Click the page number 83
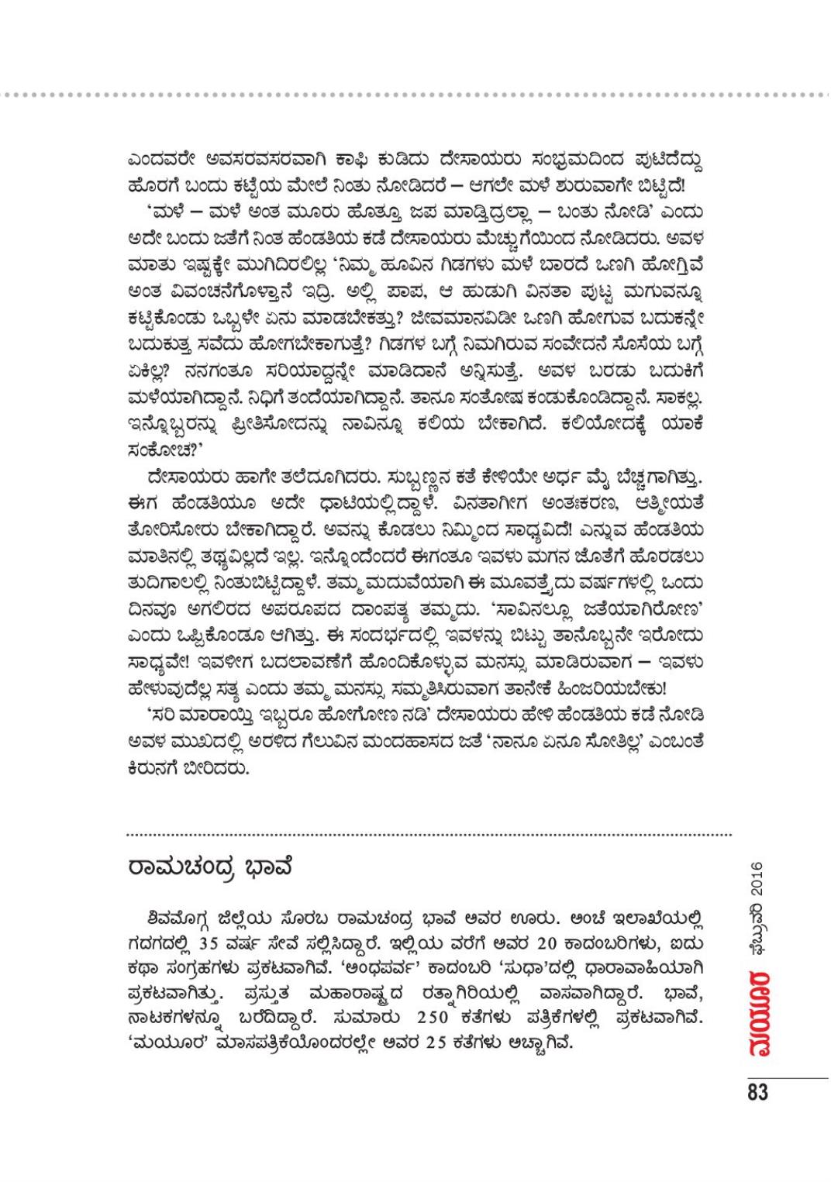point(757,1092)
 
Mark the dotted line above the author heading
point(429,835)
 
